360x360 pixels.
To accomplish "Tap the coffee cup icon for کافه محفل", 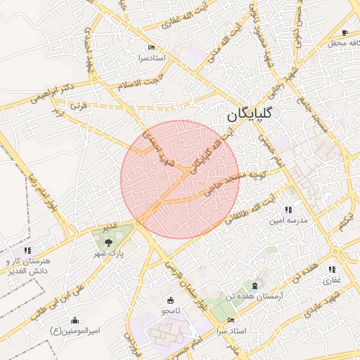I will pyautogui.click(x=345, y=32).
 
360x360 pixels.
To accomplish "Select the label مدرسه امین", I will pyautogui.click(x=286, y=220).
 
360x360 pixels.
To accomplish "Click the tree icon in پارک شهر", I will pyautogui.click(x=108, y=242).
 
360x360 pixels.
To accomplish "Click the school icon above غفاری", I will pyautogui.click(x=332, y=269).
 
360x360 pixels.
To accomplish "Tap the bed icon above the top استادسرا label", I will pyautogui.click(x=141, y=48).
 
